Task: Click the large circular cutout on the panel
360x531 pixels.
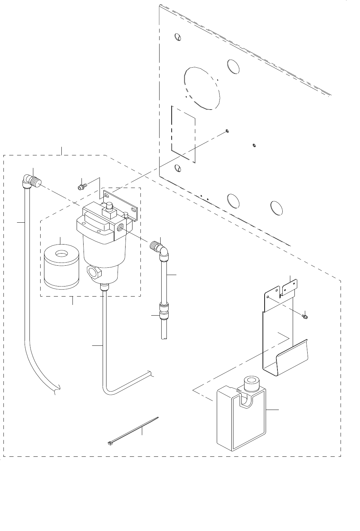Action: [x=203, y=87]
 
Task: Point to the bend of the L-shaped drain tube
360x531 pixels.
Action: [x=108, y=390]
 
